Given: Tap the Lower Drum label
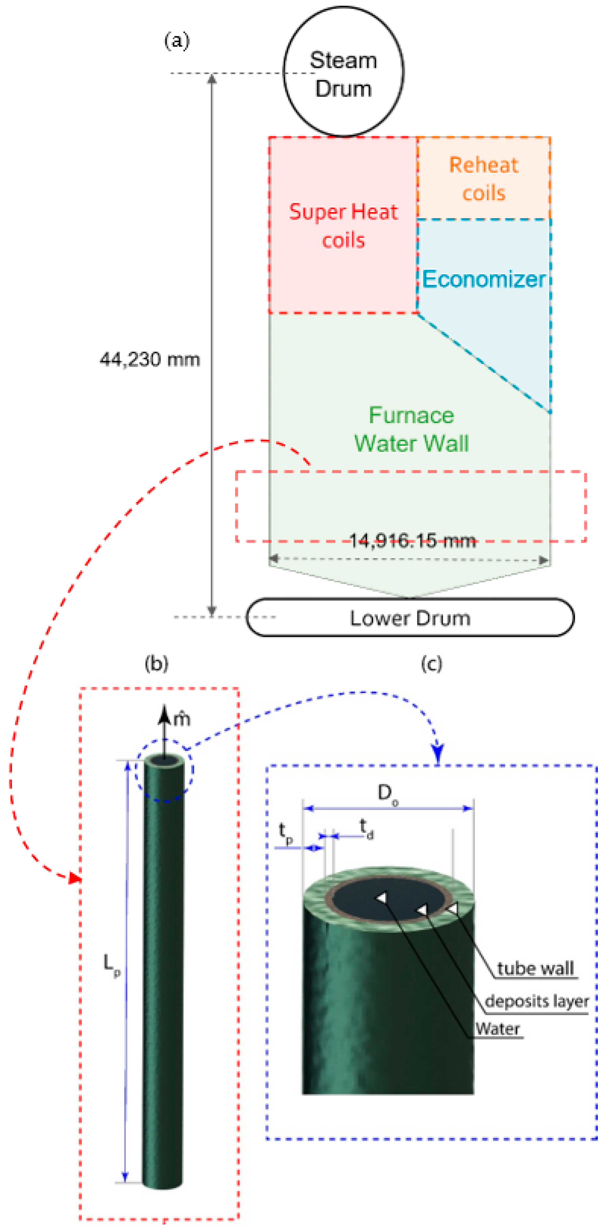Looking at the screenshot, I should (x=410, y=618).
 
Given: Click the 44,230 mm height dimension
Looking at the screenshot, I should (x=149, y=359).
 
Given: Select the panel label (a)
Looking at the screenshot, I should (x=177, y=41).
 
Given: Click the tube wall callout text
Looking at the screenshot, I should (x=535, y=969).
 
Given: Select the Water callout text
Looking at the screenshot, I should (x=497, y=1029).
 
